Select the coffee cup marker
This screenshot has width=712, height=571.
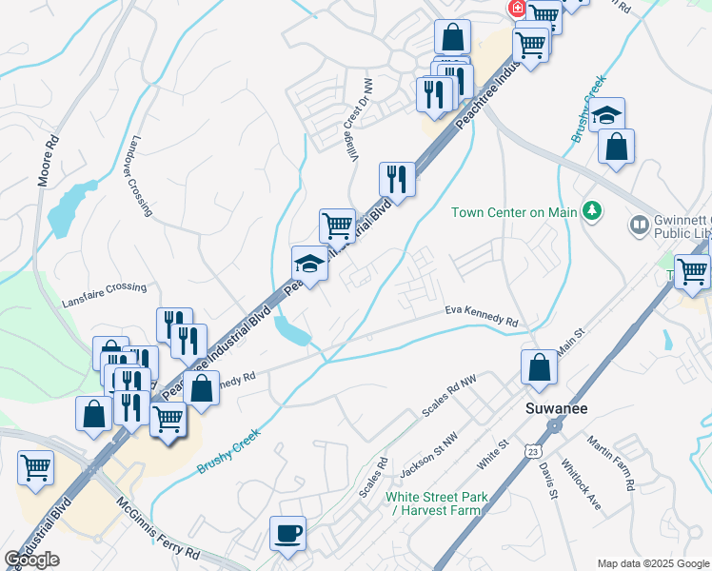pyautogui.click(x=287, y=534)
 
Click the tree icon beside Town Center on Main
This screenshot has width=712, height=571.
pyautogui.click(x=592, y=210)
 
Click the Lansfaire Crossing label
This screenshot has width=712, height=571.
pyautogui.click(x=105, y=287)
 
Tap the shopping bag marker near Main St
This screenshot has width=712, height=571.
pyautogui.click(x=539, y=369)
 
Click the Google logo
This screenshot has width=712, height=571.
pyautogui.click(x=31, y=560)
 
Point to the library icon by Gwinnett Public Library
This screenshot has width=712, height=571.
pyautogui.click(x=640, y=226)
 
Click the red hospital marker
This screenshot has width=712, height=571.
pyautogui.click(x=518, y=9)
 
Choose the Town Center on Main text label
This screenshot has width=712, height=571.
pyautogui.click(x=514, y=212)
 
